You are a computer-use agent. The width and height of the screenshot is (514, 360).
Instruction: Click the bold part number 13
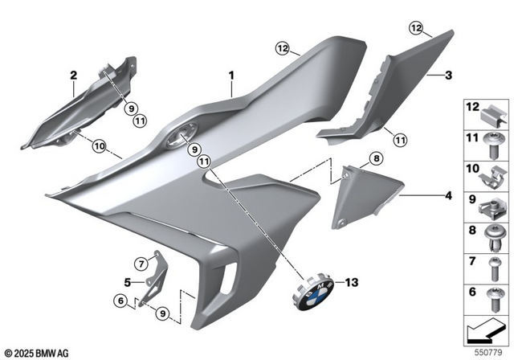coord(349,282)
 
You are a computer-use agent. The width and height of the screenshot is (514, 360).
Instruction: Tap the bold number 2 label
coord(73,76)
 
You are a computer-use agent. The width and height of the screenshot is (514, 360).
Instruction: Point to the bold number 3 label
coord(449,76)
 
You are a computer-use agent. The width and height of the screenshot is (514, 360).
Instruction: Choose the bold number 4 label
coord(449,195)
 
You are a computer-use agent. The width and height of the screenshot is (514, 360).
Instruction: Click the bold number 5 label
coord(128,282)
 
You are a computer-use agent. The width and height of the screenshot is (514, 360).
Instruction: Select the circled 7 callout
coord(141,263)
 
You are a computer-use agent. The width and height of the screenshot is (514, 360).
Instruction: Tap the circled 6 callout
coord(120,301)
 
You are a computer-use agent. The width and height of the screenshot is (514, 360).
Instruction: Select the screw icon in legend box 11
coord(492,145)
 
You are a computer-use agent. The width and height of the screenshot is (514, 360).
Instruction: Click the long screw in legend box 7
coord(492,264)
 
